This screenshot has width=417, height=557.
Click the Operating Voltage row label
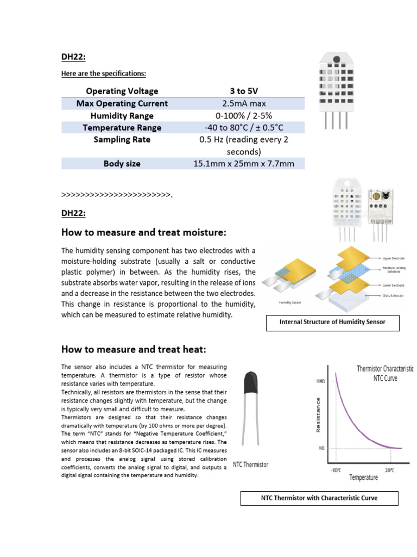click(x=122, y=91)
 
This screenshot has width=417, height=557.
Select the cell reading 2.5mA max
click(x=243, y=103)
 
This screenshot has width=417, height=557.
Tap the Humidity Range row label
click(x=122, y=116)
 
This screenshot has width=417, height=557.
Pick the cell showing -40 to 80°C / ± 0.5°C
click(x=243, y=128)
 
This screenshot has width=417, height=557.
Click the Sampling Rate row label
click(x=122, y=140)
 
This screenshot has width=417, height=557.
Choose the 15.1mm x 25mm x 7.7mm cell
click(x=243, y=164)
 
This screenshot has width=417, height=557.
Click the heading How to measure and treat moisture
click(x=143, y=233)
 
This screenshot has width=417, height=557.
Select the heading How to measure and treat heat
click(x=134, y=349)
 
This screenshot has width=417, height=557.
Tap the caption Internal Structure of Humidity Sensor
click(x=332, y=322)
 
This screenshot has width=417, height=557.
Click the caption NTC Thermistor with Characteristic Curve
click(x=319, y=498)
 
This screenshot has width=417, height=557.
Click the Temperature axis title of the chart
click(x=363, y=478)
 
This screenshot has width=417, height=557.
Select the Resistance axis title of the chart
click(x=319, y=414)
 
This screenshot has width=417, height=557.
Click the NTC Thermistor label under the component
click(x=250, y=465)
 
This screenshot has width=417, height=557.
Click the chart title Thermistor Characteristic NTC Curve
click(x=385, y=373)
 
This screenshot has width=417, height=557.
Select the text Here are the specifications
click(x=103, y=73)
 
